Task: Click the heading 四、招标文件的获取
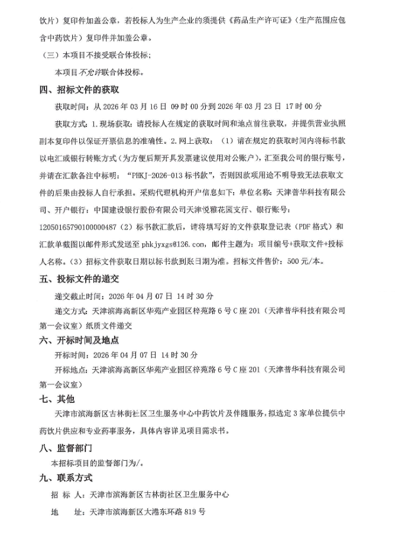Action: (79, 90)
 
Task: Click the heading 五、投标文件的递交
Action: (79, 278)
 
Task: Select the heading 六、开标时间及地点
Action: (79, 340)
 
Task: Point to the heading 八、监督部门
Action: (66, 448)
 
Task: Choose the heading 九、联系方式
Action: (66, 478)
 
